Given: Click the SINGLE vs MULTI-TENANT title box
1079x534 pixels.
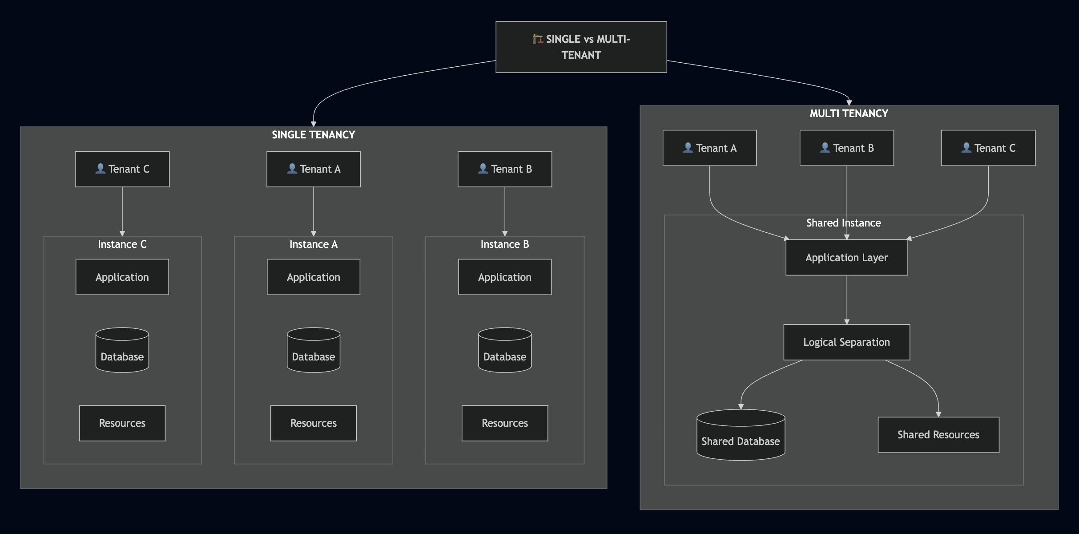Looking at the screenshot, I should (x=581, y=47).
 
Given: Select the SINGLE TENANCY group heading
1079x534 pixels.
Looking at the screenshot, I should (x=313, y=135).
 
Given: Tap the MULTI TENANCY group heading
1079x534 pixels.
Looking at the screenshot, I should (x=848, y=113).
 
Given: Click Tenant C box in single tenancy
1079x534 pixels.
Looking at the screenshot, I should (x=122, y=169).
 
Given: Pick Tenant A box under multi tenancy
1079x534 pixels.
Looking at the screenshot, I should (x=709, y=148).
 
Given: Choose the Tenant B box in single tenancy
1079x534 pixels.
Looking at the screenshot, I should (x=504, y=169).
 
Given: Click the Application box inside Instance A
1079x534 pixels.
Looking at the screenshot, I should (x=313, y=277).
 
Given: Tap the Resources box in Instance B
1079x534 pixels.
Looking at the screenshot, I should (x=504, y=423).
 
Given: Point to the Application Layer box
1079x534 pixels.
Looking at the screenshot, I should (x=846, y=258).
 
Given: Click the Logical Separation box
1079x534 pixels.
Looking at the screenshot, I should (x=846, y=342).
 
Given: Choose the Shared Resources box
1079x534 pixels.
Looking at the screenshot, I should (x=938, y=435).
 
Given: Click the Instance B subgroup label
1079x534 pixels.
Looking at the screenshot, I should (x=504, y=244).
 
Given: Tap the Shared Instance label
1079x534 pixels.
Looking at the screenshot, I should (x=843, y=223).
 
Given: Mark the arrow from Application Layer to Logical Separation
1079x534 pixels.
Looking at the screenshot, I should (x=846, y=299).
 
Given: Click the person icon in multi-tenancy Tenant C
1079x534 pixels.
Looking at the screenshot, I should (x=966, y=148).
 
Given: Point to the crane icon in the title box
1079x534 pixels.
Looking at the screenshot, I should (x=538, y=39).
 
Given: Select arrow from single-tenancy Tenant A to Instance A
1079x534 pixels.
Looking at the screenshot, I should (x=313, y=211).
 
